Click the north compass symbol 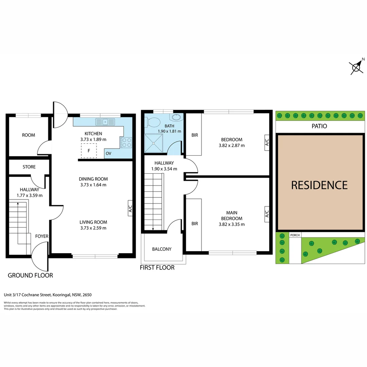(356, 67)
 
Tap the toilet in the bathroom (153, 121)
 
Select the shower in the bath (154, 143)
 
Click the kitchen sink (106, 121)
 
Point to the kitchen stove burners (126, 142)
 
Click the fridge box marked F (89, 151)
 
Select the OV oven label (108, 154)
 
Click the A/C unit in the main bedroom (267, 213)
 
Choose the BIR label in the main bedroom (194, 224)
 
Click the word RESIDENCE (319, 185)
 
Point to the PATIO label (319, 126)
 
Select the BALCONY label (162, 249)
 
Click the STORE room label (29, 167)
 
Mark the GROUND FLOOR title (30, 275)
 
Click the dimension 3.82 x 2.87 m (231, 145)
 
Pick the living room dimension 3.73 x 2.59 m (93, 228)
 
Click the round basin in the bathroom (176, 118)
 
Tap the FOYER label (42, 236)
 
